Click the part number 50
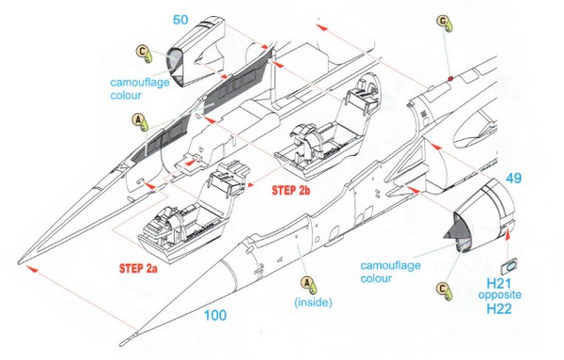pos(180,20)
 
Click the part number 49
pos(513,178)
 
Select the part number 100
pos(215,316)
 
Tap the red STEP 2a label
pos(138,268)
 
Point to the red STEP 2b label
pos(290,190)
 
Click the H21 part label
pos(499,284)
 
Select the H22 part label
pos(499,308)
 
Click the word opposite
pos(500,295)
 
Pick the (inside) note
pos(313,302)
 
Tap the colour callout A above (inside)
pos(308,284)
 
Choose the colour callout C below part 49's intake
pos(444,290)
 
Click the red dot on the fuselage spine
pos(450,78)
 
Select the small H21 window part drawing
pos(509,267)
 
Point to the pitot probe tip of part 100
pos(122,341)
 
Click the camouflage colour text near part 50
pos(139,88)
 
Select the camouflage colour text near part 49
pos(390,272)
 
